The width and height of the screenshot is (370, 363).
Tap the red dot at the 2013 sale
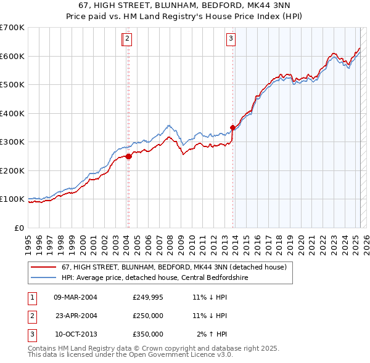point(232,128)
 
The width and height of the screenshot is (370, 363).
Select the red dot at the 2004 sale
point(129,156)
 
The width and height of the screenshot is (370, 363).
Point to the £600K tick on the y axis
point(13,56)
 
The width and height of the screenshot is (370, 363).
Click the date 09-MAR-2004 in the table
point(75,297)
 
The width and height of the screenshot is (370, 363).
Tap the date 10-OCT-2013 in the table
point(75,334)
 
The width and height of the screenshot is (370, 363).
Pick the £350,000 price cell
point(148,334)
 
